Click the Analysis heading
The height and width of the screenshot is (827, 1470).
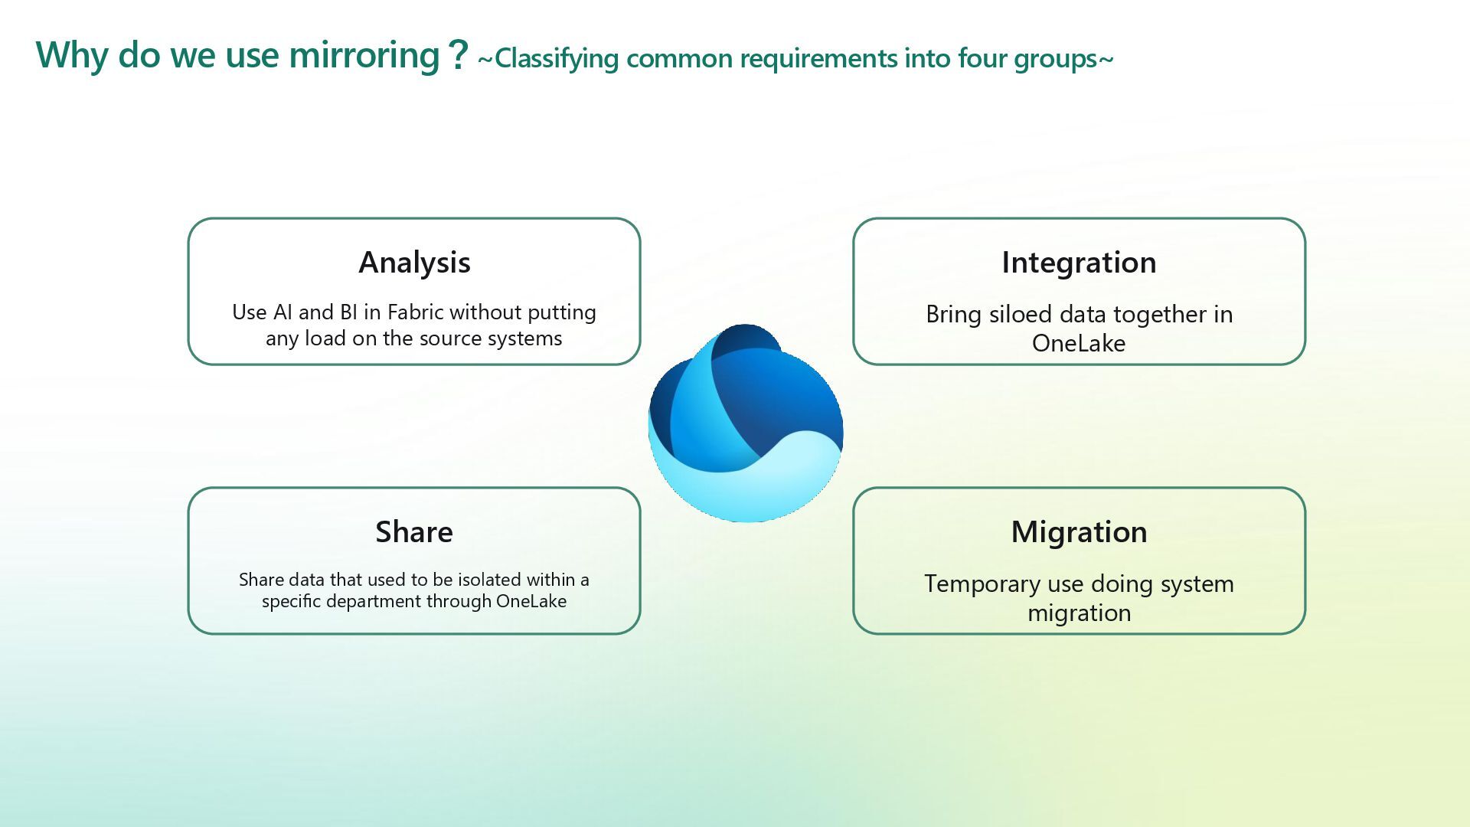click(x=414, y=263)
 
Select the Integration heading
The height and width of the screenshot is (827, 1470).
click(x=1079, y=263)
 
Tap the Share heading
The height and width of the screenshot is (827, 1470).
click(x=413, y=532)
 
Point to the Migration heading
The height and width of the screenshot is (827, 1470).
click(x=1079, y=532)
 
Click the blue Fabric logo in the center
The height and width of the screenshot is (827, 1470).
click(x=745, y=423)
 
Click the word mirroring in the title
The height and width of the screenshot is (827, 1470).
click(x=364, y=55)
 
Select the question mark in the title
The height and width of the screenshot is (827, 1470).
click(x=458, y=55)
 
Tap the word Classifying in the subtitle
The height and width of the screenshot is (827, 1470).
click(x=557, y=59)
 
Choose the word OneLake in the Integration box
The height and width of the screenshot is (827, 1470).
click(x=1079, y=344)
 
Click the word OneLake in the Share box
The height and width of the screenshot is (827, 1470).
click(x=531, y=601)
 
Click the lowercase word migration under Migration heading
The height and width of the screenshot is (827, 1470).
click(x=1079, y=613)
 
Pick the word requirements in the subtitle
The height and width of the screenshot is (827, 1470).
click(x=818, y=59)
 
